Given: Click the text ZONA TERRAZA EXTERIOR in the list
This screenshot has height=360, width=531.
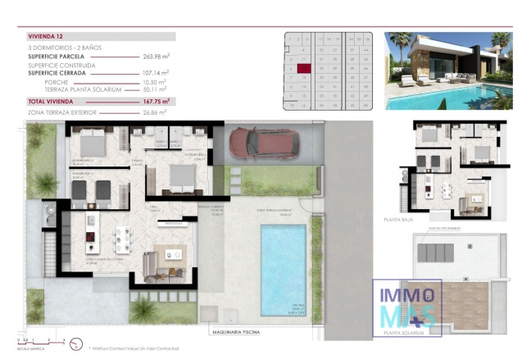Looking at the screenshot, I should [x=62, y=111].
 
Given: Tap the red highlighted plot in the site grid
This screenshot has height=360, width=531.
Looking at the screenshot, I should [x=304, y=69].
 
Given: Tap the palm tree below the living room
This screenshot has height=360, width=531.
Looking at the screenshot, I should [x=143, y=310].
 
